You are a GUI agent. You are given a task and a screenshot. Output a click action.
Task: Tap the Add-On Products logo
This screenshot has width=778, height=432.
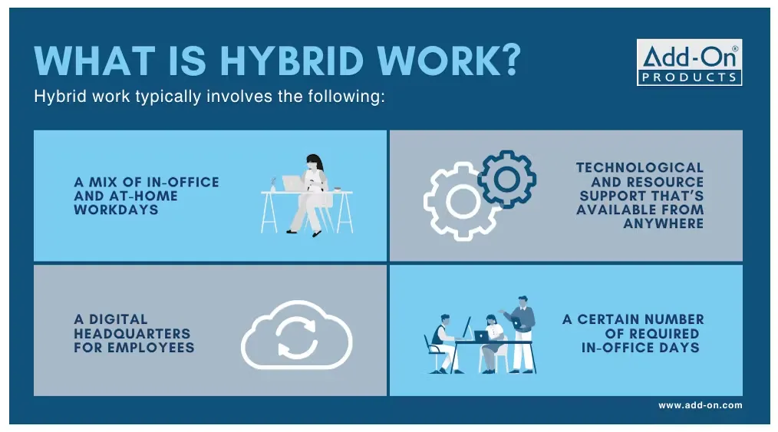[x=689, y=63]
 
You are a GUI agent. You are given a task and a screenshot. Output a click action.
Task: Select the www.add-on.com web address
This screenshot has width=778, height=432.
[x=700, y=405]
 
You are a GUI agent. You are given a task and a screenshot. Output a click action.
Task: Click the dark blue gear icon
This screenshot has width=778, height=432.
[x=506, y=178]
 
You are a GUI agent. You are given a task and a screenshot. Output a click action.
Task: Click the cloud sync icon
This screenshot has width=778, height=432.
[x=296, y=337]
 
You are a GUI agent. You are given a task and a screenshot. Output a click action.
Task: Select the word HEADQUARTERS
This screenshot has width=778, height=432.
[x=132, y=334]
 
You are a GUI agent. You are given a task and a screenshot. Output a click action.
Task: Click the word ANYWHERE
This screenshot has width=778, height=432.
[x=663, y=223]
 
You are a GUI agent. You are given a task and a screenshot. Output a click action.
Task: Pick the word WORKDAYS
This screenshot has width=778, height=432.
[x=116, y=209]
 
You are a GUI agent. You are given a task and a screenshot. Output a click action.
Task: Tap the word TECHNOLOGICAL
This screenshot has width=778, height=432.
[x=639, y=167]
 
